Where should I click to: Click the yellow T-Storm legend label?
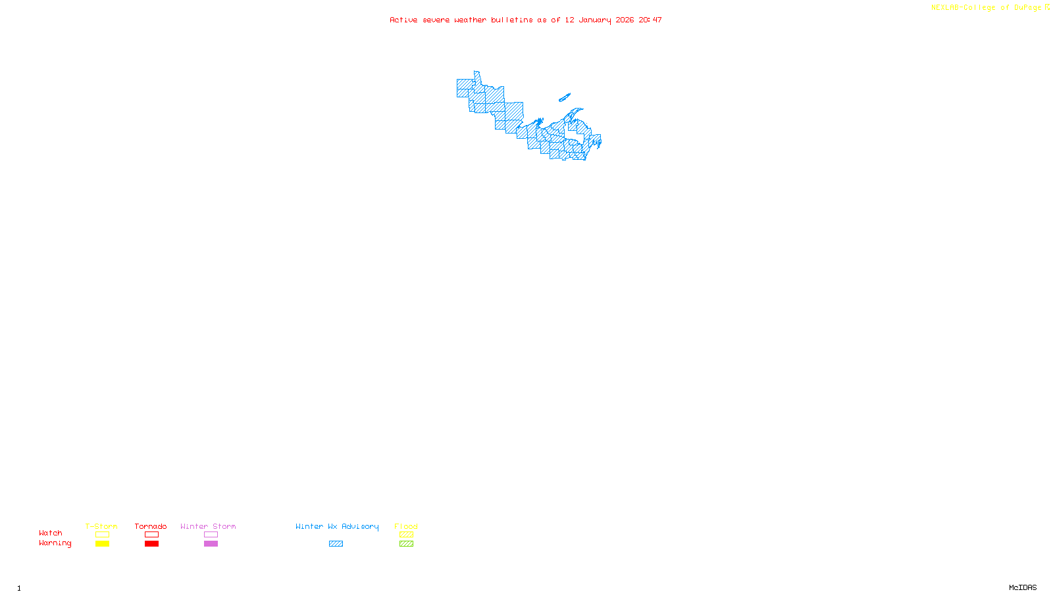pos(101,526)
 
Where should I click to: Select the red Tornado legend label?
pos(151,526)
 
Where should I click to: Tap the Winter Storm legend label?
pos(208,526)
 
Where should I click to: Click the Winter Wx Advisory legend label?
pos(337,526)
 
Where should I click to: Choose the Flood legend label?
pos(406,526)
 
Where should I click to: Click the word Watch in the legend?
pos(51,533)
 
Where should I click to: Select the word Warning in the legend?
pos(55,543)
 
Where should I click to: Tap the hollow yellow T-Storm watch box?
pos(102,535)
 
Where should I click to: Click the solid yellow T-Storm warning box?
pos(102,544)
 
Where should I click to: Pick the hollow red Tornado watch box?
pos(151,535)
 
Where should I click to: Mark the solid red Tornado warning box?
pos(151,544)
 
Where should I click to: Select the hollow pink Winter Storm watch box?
pos(211,535)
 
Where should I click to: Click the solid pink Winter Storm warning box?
pos(211,544)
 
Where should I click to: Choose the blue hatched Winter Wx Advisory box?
pos(336,544)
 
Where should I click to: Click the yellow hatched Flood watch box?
pos(406,535)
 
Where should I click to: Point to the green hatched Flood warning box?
pos(406,544)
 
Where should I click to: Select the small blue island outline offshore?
pos(564,98)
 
